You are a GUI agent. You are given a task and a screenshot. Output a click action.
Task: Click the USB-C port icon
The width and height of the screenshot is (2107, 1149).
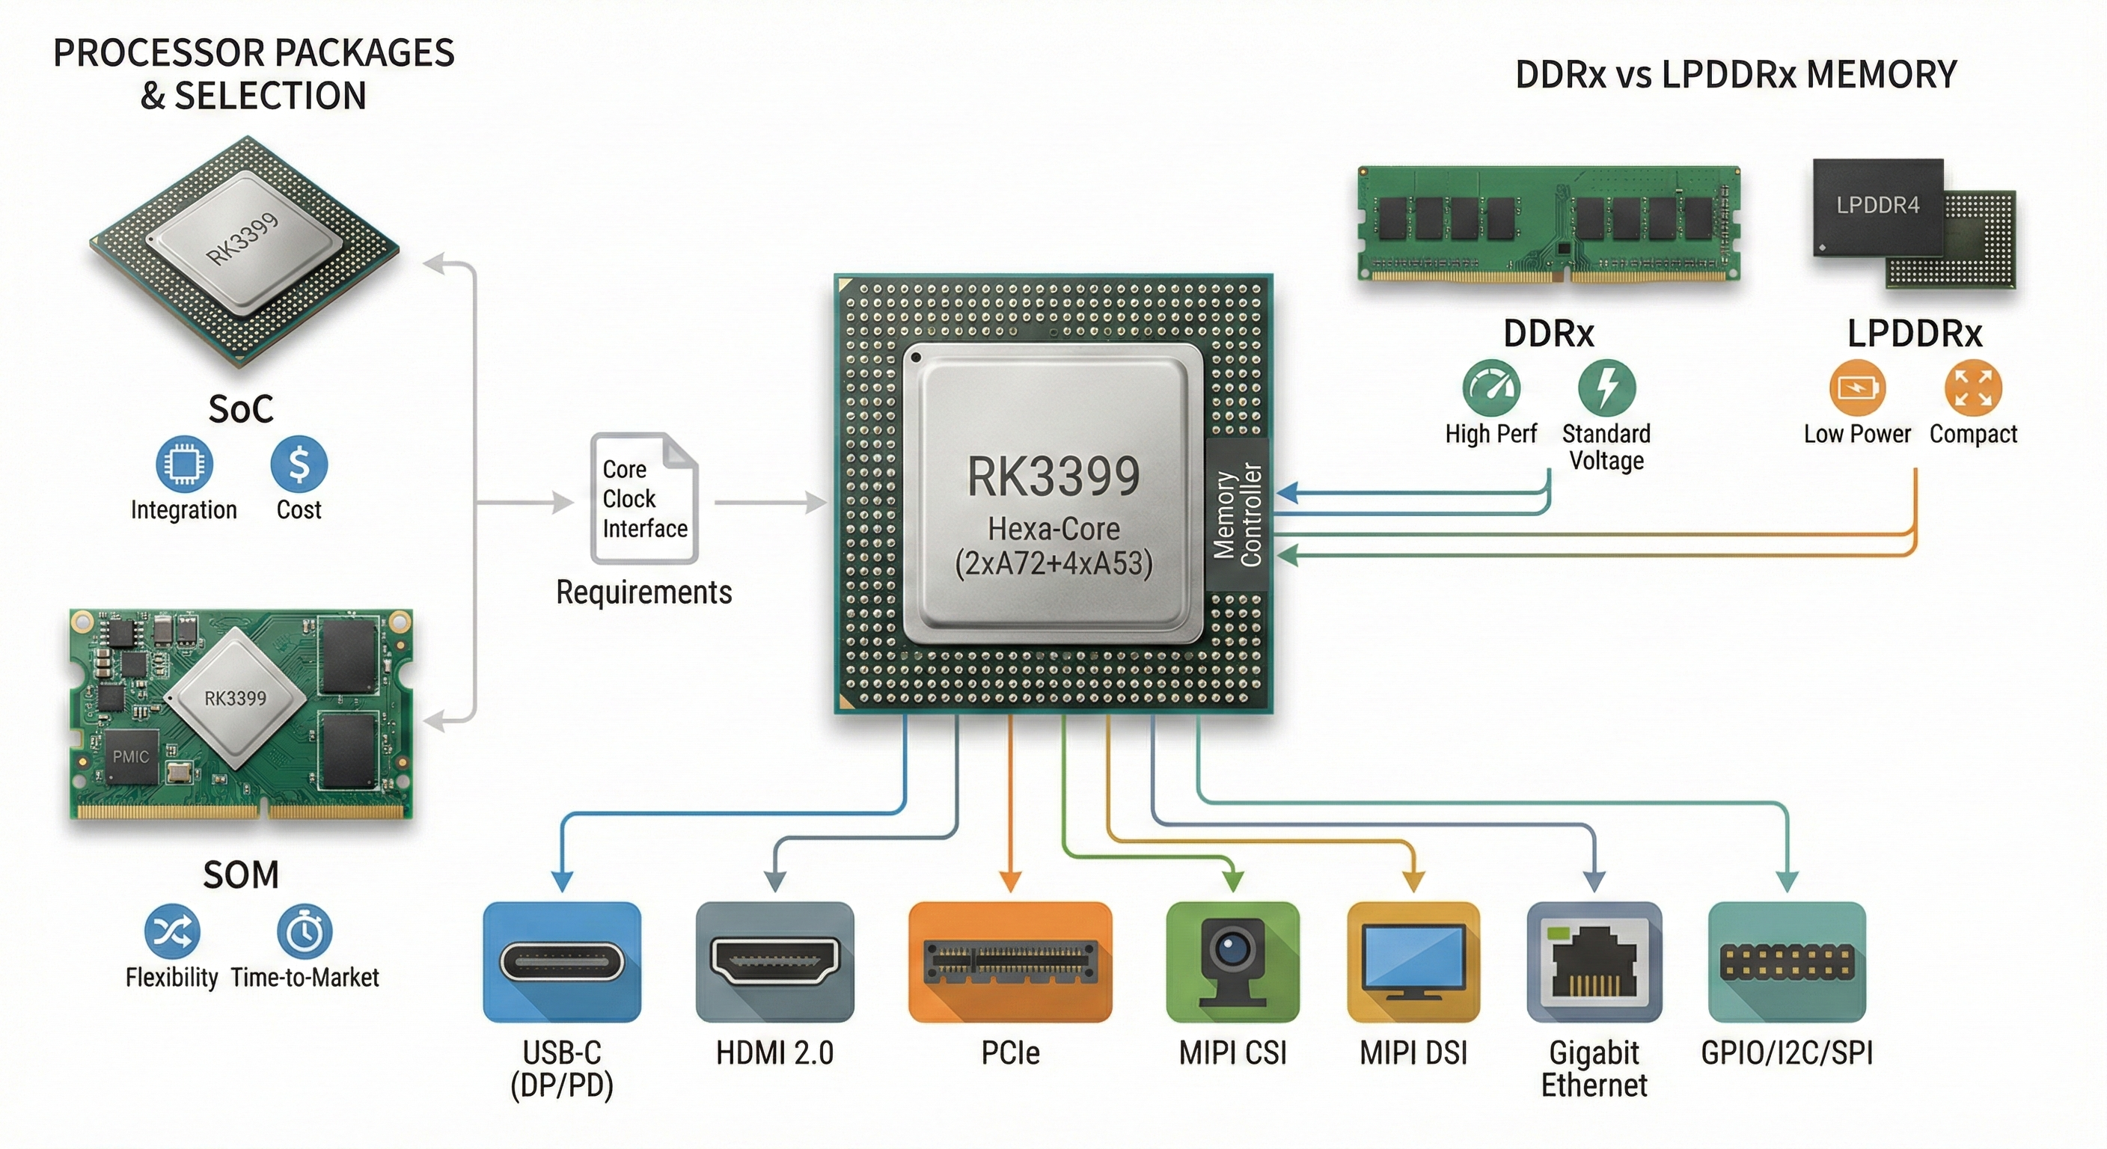[562, 962]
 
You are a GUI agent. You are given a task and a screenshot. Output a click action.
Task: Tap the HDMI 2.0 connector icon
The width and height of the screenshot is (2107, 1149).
[774, 962]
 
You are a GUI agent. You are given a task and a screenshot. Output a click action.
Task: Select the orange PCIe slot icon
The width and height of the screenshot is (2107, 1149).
[1010, 962]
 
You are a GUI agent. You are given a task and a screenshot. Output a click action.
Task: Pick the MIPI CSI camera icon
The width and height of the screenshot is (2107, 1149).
[1232, 962]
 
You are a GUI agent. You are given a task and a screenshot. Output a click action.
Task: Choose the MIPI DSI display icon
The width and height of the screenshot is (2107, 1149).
[1413, 962]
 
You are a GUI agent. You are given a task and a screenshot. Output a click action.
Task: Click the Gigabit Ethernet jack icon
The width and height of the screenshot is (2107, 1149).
[1594, 962]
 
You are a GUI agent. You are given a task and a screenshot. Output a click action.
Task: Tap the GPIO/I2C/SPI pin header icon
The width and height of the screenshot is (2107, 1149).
[1788, 962]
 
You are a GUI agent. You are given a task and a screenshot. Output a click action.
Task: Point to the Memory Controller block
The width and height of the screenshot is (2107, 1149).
[1238, 515]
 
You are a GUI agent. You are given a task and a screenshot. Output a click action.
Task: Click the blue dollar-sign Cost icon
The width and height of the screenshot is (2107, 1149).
[299, 464]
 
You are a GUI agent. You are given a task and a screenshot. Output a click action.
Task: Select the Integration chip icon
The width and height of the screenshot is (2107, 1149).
[184, 464]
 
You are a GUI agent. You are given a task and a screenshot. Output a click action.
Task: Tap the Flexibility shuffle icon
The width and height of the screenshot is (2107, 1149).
[172, 931]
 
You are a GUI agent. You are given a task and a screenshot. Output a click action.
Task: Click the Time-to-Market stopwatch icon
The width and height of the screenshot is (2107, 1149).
[305, 931]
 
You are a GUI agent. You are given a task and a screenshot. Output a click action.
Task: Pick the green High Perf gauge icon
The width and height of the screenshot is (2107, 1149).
[1491, 387]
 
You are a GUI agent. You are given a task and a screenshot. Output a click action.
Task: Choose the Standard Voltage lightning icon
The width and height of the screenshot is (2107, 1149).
[1606, 387]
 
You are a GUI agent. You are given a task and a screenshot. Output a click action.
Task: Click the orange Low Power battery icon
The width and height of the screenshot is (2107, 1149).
[1856, 387]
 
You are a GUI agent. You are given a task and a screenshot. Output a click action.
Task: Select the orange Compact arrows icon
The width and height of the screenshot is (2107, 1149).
[1973, 387]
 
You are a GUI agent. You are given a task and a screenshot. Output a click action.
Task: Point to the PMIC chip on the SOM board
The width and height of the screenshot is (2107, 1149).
[131, 756]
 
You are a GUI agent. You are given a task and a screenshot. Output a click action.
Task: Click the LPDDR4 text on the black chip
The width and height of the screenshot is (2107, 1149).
[1877, 205]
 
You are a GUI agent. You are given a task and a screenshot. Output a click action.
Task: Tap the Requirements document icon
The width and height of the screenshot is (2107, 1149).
[644, 498]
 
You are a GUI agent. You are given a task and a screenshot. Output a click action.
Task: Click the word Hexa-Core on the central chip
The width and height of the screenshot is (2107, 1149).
[1053, 529]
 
